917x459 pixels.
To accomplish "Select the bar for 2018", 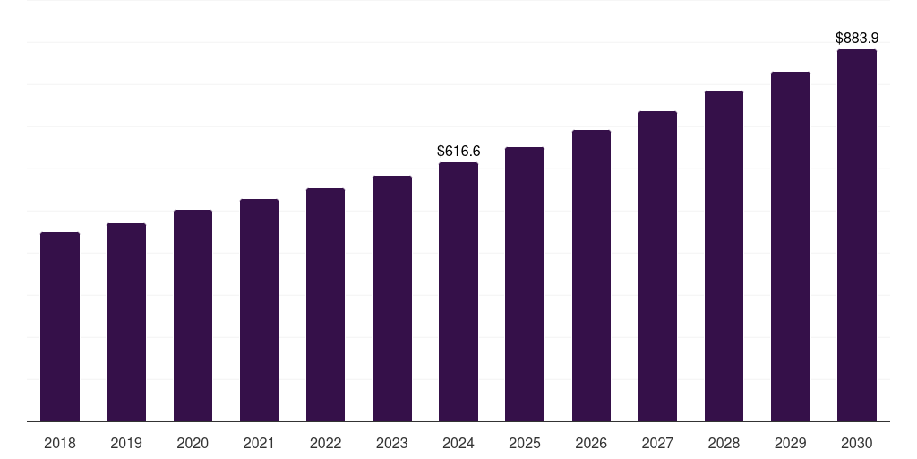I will click(x=60, y=327).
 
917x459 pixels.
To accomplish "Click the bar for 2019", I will click(x=126, y=323).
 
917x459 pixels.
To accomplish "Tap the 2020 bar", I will click(x=193, y=316).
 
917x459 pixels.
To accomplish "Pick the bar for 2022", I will click(x=325, y=305).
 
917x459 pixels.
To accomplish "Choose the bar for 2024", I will click(x=458, y=292).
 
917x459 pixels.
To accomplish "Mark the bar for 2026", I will click(x=591, y=276).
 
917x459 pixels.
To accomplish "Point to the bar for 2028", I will click(x=724, y=256).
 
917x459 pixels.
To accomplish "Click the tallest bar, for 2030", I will click(x=857, y=236).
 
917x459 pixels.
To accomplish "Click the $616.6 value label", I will click(x=458, y=152).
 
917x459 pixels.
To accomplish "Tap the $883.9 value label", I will click(x=857, y=39).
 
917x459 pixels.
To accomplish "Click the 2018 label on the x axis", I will click(x=60, y=443).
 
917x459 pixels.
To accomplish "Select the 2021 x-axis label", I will click(x=259, y=443).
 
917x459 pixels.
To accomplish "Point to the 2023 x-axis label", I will click(x=392, y=443).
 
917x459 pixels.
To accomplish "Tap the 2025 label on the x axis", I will click(x=525, y=443).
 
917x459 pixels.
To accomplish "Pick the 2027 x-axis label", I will click(x=657, y=443).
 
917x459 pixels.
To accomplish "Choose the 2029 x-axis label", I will click(x=791, y=443).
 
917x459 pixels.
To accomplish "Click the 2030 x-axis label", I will click(x=857, y=443).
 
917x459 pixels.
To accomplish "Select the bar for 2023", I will click(x=392, y=299).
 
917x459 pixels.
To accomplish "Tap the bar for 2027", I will click(x=657, y=266).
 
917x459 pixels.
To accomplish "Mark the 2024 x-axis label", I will click(x=458, y=443).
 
